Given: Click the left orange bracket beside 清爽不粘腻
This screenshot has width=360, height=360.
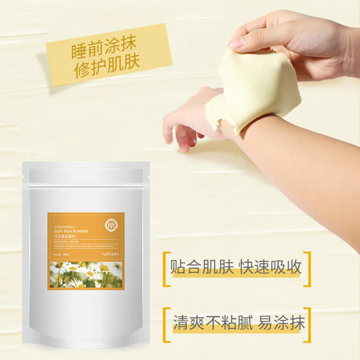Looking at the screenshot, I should [167, 323].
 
